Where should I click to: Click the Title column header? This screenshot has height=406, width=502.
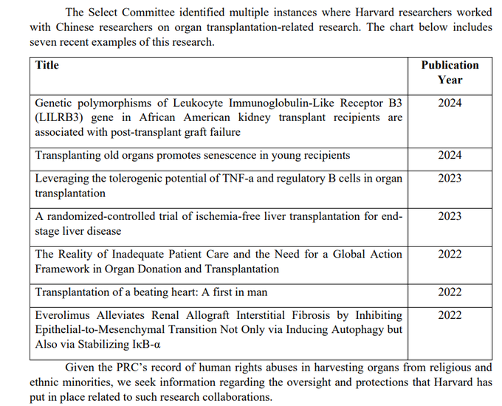pyautogui.click(x=47, y=65)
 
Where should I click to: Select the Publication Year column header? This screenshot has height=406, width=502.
pyautogui.click(x=450, y=72)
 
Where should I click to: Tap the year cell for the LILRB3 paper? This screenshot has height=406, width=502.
pyautogui.click(x=450, y=103)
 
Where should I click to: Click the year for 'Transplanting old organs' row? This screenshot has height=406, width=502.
pyautogui.click(x=450, y=155)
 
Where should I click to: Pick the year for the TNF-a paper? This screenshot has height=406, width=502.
pyautogui.click(x=450, y=178)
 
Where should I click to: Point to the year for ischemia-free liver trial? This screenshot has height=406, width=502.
pyautogui.click(x=450, y=216)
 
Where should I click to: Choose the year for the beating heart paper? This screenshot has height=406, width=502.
pyautogui.click(x=450, y=292)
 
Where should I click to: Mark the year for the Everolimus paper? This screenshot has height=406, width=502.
pyautogui.click(x=450, y=314)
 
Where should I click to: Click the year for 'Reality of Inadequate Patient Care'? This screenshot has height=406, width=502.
pyautogui.click(x=450, y=254)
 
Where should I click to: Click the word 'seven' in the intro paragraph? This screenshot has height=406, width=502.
pyautogui.click(x=46, y=42)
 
